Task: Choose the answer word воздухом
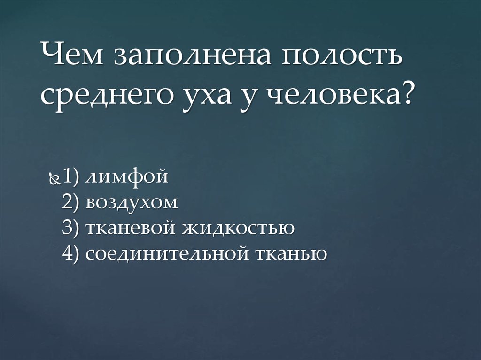132,203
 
